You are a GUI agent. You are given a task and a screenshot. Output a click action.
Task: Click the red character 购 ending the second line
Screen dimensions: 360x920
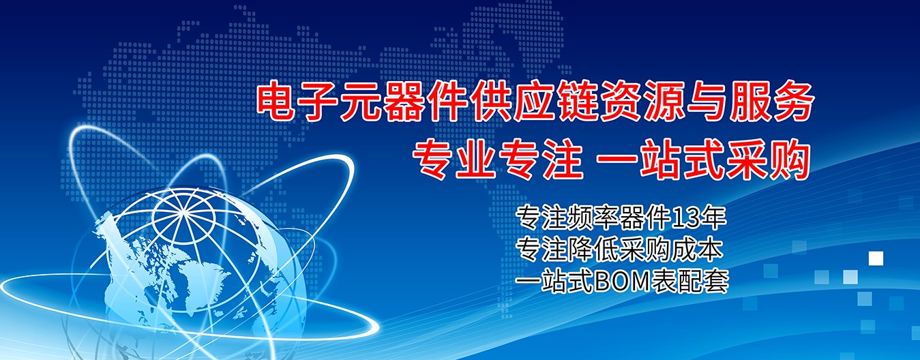tap(788, 160)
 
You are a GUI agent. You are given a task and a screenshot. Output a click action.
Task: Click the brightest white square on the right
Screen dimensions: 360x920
tap(876, 258)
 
